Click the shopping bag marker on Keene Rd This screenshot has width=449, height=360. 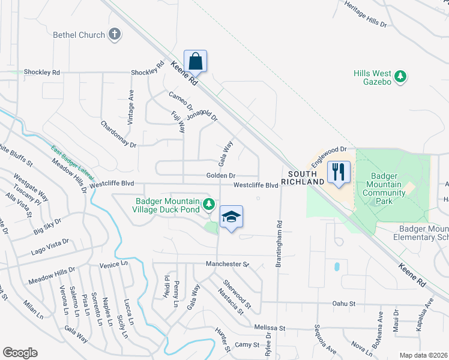(195, 61)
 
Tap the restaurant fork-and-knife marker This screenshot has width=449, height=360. (339, 173)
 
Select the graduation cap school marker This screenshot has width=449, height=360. (231, 217)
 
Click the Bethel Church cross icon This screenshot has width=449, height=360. (115, 35)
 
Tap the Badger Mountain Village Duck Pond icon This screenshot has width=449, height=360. (209, 205)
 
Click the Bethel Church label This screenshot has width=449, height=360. (79, 35)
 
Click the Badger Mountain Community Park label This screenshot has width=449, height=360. (382, 193)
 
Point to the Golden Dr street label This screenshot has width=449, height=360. (220, 176)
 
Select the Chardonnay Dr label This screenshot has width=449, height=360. (119, 136)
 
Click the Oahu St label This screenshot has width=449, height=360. (345, 304)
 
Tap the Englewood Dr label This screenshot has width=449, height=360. (330, 155)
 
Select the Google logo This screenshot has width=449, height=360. (20, 353)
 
